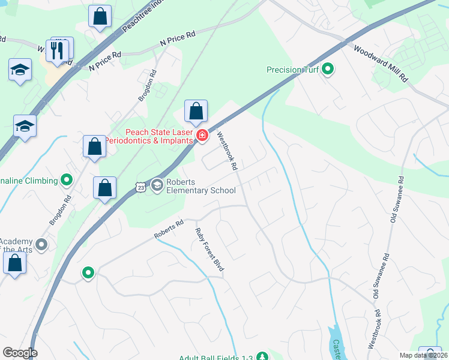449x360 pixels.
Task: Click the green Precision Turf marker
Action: tap(328, 70)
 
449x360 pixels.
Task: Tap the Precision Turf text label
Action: tap(292, 70)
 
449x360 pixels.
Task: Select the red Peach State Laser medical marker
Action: tap(202, 136)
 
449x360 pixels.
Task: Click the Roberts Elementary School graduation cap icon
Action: tap(157, 185)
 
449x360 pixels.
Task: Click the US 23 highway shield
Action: tap(139, 187)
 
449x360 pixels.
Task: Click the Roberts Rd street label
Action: tap(169, 230)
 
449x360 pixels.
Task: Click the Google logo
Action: tap(20, 353)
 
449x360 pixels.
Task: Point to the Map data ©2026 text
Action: tap(423, 355)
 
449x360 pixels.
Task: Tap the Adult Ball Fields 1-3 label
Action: tap(221, 356)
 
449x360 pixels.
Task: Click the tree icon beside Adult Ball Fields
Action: tap(262, 356)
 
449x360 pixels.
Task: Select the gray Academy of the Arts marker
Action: tap(41, 244)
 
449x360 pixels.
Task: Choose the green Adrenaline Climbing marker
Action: tap(67, 179)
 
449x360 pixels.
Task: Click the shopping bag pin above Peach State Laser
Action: tap(196, 112)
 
